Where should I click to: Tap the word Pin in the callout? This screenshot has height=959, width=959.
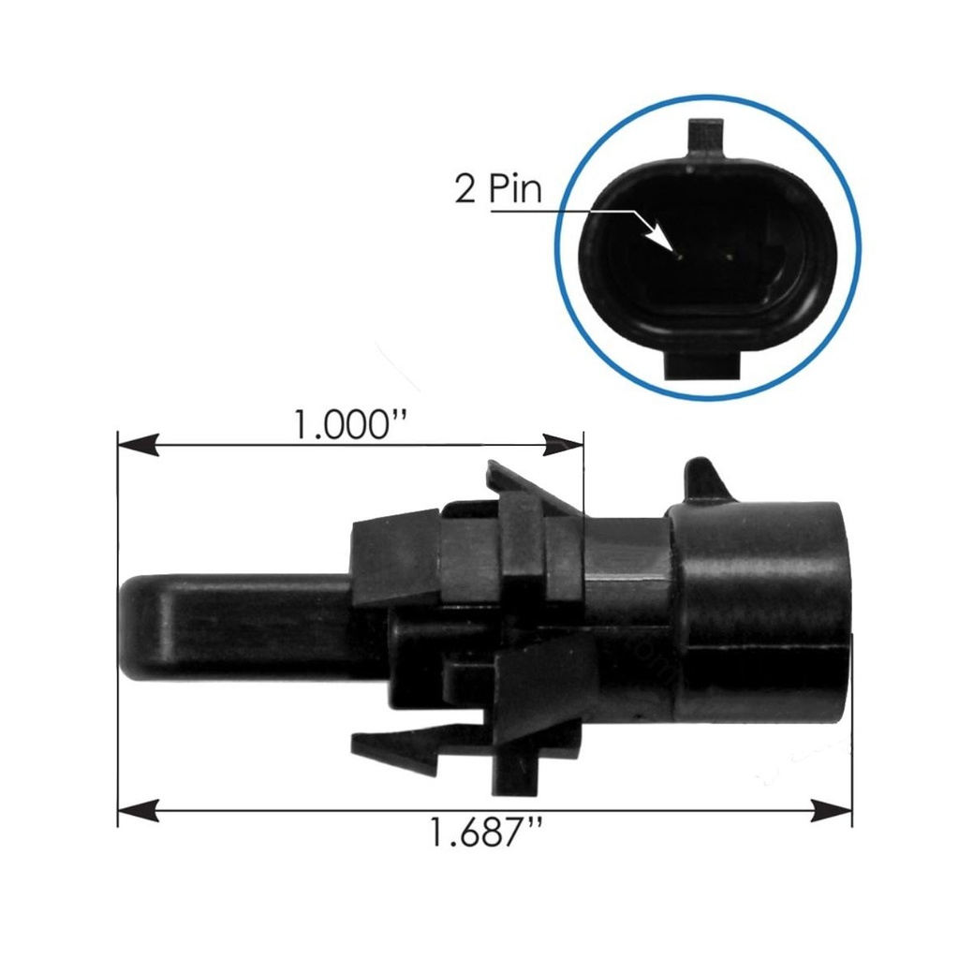tap(514, 189)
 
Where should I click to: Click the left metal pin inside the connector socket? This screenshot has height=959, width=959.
tap(683, 251)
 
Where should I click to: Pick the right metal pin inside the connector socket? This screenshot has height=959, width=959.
tap(727, 251)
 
